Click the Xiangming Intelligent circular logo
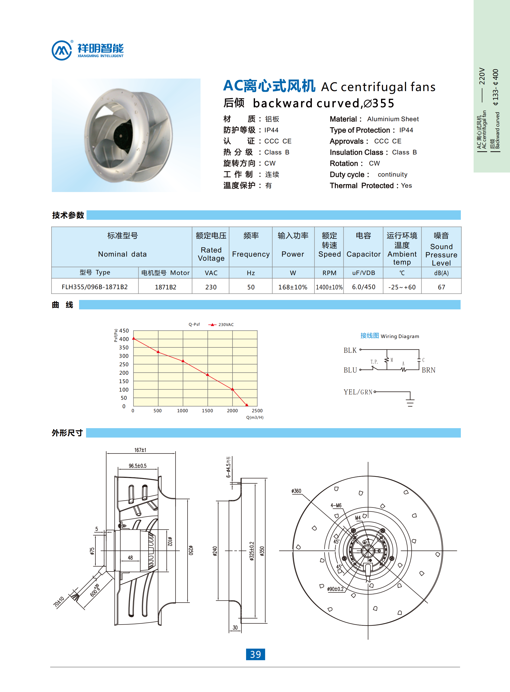(62, 50)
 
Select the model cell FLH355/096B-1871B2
(94, 287)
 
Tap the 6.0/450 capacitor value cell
(363, 287)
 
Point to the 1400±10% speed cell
(329, 287)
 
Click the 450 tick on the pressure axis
(124, 331)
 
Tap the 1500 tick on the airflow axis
(208, 411)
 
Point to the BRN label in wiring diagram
(429, 370)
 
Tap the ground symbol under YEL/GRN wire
(410, 402)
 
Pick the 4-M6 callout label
(336, 505)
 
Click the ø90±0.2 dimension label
(335, 589)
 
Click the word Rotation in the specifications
(344, 163)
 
